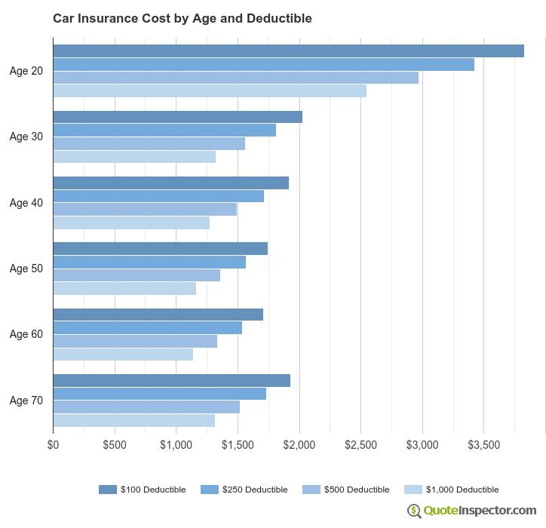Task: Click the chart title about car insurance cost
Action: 182,18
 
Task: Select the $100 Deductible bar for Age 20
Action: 288,51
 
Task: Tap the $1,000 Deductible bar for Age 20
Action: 210,91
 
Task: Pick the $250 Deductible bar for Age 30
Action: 164,130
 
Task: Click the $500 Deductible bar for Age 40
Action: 145,209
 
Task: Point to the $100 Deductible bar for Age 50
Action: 160,249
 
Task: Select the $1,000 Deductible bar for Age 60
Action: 123,355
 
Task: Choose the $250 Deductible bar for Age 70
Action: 159,394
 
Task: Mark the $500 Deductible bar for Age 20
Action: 235,78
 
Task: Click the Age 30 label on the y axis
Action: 26,137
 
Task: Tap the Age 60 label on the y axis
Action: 26,334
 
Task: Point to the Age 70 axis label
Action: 26,400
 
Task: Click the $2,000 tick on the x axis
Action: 299,445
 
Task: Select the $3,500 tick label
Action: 484,445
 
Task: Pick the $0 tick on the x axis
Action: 53,445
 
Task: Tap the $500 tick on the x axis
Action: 115,445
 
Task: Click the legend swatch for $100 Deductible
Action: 108,490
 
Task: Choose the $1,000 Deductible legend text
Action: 462,490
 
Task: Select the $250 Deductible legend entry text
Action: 255,490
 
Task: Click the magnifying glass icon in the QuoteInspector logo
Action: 414,511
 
